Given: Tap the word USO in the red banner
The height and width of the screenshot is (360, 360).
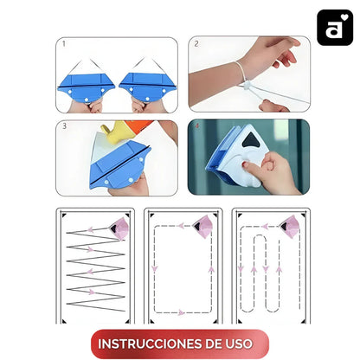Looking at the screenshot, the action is [x=238, y=344].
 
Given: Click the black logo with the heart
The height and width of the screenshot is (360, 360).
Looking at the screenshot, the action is [x=335, y=28].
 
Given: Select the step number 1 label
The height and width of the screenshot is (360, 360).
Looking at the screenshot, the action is [x=64, y=44].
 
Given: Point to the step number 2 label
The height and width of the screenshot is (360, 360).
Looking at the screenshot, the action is [x=196, y=44].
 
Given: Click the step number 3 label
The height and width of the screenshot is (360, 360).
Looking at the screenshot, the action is [x=64, y=126].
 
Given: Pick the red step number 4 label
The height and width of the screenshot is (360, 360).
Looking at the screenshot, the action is [x=197, y=126].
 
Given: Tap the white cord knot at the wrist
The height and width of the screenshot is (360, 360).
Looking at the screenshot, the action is [x=247, y=86].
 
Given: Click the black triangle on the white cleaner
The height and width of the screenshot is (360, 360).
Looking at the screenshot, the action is [x=252, y=140].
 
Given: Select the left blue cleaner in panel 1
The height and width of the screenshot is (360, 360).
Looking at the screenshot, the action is [x=86, y=87].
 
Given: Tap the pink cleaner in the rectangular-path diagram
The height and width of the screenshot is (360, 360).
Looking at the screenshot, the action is [x=203, y=227].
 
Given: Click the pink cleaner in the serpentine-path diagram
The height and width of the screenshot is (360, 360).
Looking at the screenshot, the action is [x=290, y=227].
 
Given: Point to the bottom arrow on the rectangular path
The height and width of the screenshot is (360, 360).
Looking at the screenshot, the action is [x=181, y=312].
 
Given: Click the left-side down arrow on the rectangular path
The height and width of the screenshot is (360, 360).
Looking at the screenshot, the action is [x=155, y=269].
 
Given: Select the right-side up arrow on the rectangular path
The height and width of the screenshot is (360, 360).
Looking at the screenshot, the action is [x=211, y=269].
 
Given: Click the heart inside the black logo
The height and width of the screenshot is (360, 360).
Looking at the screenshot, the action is [x=344, y=17].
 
